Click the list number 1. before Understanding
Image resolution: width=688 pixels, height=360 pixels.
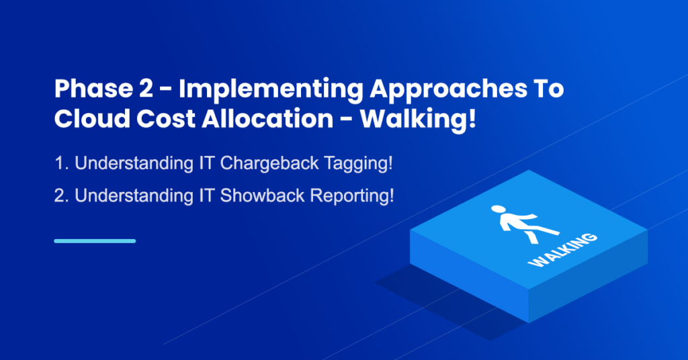(x=61, y=163)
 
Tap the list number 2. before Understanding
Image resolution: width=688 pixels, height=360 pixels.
(x=61, y=195)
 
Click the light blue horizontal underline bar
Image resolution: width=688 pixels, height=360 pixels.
(x=95, y=240)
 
